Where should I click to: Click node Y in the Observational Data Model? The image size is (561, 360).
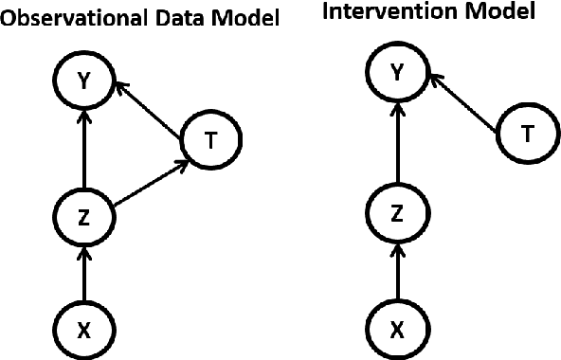coord(84,81)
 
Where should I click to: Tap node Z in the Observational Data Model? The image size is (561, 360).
coord(84,217)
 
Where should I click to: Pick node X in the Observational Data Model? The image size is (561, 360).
coord(84,329)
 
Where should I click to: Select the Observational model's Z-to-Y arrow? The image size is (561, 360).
coord(84,149)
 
